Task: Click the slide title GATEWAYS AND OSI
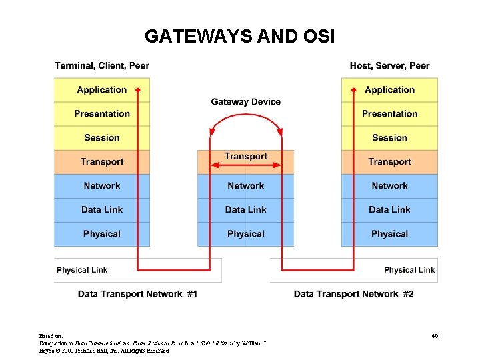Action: (239, 36)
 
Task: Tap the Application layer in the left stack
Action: (101, 90)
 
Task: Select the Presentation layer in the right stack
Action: (389, 114)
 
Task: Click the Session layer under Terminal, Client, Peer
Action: (101, 138)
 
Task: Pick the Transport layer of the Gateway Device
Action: (245, 157)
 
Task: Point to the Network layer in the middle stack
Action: (245, 186)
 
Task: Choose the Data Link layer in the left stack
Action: (101, 210)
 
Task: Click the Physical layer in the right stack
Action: (389, 234)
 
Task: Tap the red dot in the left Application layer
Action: (138, 89)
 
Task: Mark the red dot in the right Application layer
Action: (353, 89)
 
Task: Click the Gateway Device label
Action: (245, 102)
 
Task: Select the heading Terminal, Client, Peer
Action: (102, 65)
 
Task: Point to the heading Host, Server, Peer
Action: (389, 65)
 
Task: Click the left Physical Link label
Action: (82, 270)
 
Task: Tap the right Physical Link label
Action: (409, 270)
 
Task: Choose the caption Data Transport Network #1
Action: (137, 294)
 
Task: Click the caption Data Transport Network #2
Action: (353, 294)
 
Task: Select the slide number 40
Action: (435, 336)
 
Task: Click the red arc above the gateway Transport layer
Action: (245, 115)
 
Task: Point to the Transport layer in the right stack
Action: (389, 162)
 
